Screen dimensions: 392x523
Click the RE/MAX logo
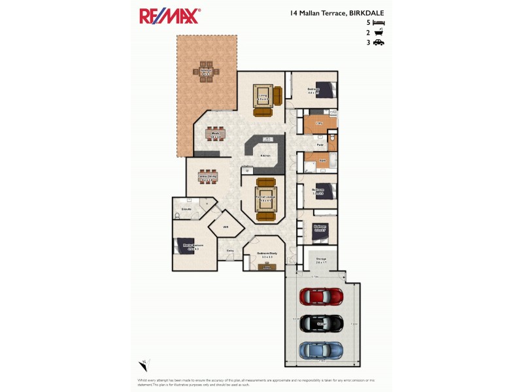(169, 16)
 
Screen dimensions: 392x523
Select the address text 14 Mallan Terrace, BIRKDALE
(337, 12)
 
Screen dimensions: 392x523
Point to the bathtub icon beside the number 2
(378, 32)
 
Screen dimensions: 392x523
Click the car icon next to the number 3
(378, 42)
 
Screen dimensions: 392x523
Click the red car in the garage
(321, 296)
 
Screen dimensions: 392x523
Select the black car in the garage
(321, 323)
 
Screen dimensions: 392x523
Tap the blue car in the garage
(321, 350)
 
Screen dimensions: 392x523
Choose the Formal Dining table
(208, 176)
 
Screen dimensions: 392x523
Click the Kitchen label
(266, 156)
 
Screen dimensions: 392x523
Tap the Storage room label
(321, 259)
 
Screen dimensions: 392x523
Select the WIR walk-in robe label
(225, 227)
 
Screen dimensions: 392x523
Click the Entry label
(230, 250)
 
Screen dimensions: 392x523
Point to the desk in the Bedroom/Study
(267, 266)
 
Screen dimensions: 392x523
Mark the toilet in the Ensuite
(178, 214)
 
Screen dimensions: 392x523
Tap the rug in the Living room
(264, 97)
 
